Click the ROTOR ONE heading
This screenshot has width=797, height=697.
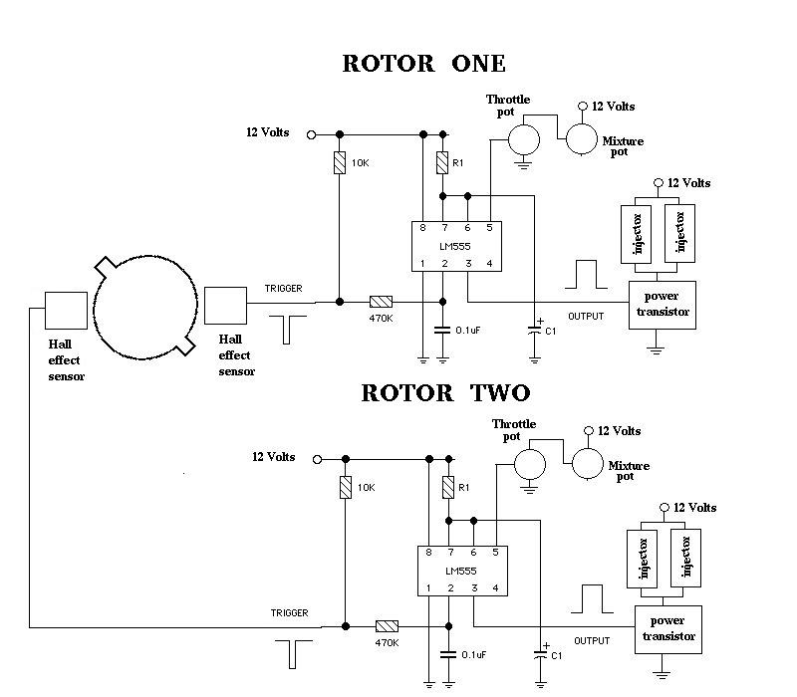[424, 64]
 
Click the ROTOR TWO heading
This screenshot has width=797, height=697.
[445, 393]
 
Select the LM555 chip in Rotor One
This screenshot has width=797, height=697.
[456, 246]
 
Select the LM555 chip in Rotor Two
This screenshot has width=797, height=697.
[462, 571]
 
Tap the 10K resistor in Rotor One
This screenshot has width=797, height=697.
[340, 162]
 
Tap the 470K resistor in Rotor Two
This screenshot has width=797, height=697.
[387, 626]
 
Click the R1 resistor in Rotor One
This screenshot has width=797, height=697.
[442, 162]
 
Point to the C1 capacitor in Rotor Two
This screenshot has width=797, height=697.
[540, 654]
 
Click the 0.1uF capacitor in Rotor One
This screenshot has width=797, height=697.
[442, 331]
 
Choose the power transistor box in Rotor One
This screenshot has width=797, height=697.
[663, 305]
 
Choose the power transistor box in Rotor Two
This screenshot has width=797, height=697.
[668, 629]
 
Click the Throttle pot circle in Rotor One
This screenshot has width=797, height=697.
[524, 139]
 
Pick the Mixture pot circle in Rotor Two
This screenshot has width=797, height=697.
[588, 464]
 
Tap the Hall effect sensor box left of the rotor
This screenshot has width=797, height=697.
[66, 311]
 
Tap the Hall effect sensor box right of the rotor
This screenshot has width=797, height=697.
[226, 306]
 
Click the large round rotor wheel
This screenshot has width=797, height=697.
[145, 308]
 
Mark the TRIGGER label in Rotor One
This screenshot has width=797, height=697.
[284, 289]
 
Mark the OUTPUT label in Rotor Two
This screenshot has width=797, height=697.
[592, 641]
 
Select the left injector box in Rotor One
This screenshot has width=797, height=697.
[636, 234]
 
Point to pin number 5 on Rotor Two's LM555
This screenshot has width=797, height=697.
[495, 553]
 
